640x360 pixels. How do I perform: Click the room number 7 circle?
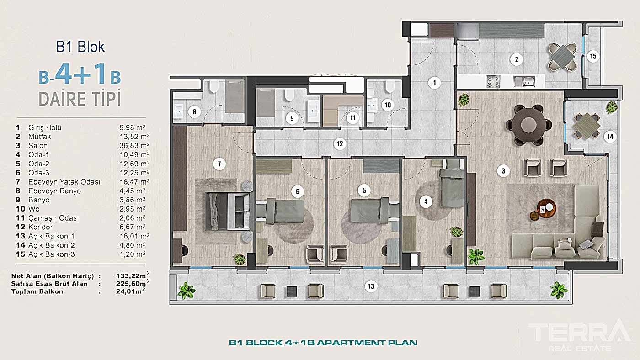click(219, 163)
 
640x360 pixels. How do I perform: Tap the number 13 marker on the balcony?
click(371, 286)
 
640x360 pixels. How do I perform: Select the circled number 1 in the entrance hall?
click(434, 83)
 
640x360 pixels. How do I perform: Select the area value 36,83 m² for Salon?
click(134, 145)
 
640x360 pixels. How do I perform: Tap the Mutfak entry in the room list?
click(39, 136)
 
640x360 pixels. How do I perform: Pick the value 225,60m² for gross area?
click(133, 283)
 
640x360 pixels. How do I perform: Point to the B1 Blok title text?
click(80, 47)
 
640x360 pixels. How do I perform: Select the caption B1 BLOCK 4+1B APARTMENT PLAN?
click(323, 343)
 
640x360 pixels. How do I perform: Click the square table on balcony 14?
click(587, 125)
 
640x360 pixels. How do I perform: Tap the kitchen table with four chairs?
click(563, 57)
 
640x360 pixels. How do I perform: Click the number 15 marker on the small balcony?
click(593, 57)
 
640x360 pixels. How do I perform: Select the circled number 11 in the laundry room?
click(352, 117)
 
